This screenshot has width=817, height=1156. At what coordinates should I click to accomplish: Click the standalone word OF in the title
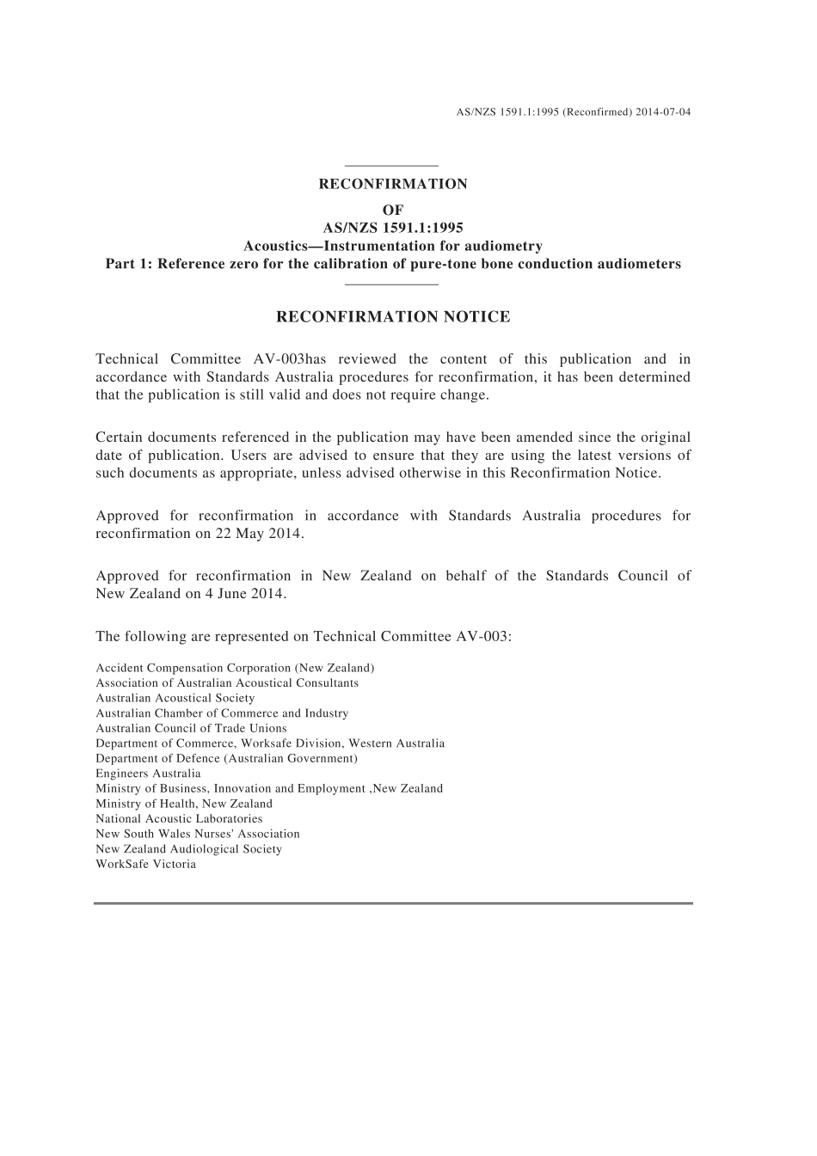[393, 210]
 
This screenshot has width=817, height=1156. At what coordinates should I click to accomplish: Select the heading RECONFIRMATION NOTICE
[393, 317]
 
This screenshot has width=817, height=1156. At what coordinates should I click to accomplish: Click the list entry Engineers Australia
[148, 774]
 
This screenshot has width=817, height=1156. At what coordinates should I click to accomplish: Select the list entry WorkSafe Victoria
[146, 864]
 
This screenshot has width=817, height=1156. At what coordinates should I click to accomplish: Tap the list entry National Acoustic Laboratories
[179, 819]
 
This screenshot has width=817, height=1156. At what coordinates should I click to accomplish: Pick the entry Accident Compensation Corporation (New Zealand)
[235, 668]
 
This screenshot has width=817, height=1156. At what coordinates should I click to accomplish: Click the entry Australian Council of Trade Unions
[191, 728]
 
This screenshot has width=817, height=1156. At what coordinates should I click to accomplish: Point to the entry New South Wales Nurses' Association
[198, 834]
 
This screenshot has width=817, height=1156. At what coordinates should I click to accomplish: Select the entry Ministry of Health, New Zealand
[184, 804]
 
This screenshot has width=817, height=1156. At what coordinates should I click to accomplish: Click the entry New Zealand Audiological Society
[188, 849]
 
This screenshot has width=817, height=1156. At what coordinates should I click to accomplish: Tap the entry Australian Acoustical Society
[175, 698]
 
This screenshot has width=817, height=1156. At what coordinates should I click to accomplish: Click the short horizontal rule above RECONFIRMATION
[391, 165]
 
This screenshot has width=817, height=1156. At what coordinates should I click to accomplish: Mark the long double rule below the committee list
[393, 903]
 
